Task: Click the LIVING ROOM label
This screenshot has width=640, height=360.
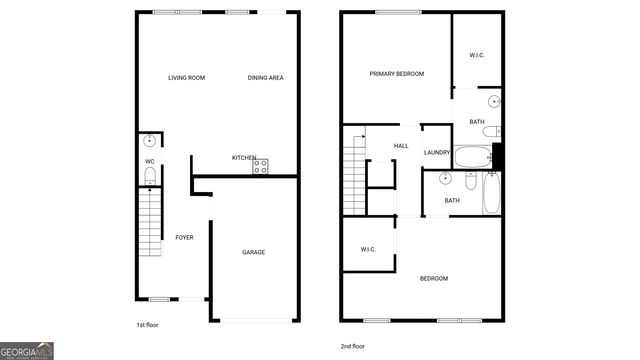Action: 186,77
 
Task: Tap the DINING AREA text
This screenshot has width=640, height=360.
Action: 265,77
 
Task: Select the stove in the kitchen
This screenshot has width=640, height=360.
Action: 261,167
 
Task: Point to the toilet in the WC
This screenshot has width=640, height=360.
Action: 149,176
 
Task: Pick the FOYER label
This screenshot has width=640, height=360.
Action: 184,237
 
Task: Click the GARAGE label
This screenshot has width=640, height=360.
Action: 253,252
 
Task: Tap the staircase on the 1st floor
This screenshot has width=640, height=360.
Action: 149,222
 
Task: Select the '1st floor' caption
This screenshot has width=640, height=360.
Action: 147,325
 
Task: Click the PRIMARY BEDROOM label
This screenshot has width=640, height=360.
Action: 396,73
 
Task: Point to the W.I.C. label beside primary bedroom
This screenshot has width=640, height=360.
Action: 477,55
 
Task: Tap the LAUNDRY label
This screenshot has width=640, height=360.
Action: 437,152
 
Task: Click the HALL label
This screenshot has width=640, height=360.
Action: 401,146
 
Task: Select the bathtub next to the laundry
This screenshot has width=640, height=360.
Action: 471,156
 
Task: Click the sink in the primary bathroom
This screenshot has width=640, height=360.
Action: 493,102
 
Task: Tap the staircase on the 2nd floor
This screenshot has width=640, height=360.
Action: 354,174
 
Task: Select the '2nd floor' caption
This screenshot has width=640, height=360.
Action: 353,345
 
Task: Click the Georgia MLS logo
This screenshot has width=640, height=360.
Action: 27,351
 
